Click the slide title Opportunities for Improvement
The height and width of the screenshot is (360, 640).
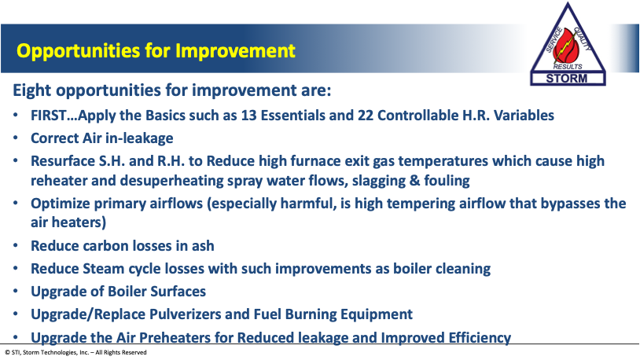coord(156,51)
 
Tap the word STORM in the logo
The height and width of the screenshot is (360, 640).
coord(567,79)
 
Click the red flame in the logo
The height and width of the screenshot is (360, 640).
coord(568,46)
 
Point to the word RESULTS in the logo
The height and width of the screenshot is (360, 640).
coord(568,67)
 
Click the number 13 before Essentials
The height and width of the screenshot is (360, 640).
coord(249,116)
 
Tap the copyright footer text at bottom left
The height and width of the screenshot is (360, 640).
coord(76,352)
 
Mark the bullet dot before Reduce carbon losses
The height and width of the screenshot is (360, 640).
coord(16,246)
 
